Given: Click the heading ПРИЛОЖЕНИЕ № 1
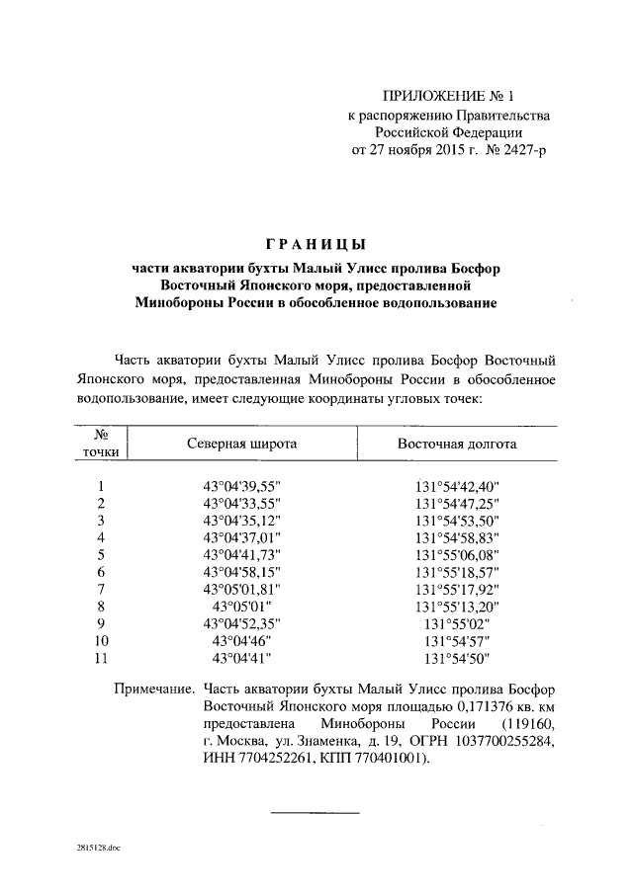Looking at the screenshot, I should click(x=449, y=97).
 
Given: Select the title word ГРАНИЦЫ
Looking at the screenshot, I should click(x=316, y=244).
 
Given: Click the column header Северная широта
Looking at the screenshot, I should click(x=242, y=445).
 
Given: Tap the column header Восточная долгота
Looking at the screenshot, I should click(x=457, y=445).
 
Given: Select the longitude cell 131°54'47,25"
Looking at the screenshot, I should click(x=458, y=503).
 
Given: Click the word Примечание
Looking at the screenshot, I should click(x=152, y=689).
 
